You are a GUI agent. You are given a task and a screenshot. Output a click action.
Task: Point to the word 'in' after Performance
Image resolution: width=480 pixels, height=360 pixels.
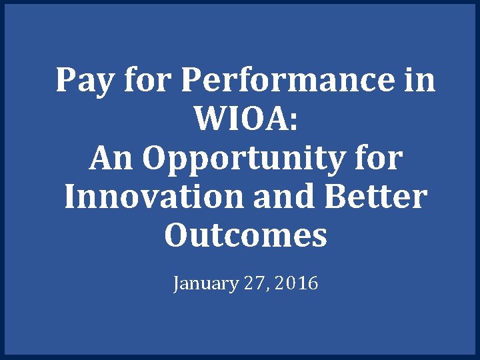click(x=420, y=80)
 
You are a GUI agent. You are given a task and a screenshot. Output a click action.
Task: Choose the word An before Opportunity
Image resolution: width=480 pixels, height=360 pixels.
click(x=111, y=159)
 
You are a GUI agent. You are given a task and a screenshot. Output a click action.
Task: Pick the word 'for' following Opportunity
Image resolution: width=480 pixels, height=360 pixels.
click(x=379, y=158)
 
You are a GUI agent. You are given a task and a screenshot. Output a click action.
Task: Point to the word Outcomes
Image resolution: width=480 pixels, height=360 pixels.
click(x=245, y=236)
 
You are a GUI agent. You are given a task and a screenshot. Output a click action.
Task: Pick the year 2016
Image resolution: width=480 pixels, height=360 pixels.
click(x=296, y=284)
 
